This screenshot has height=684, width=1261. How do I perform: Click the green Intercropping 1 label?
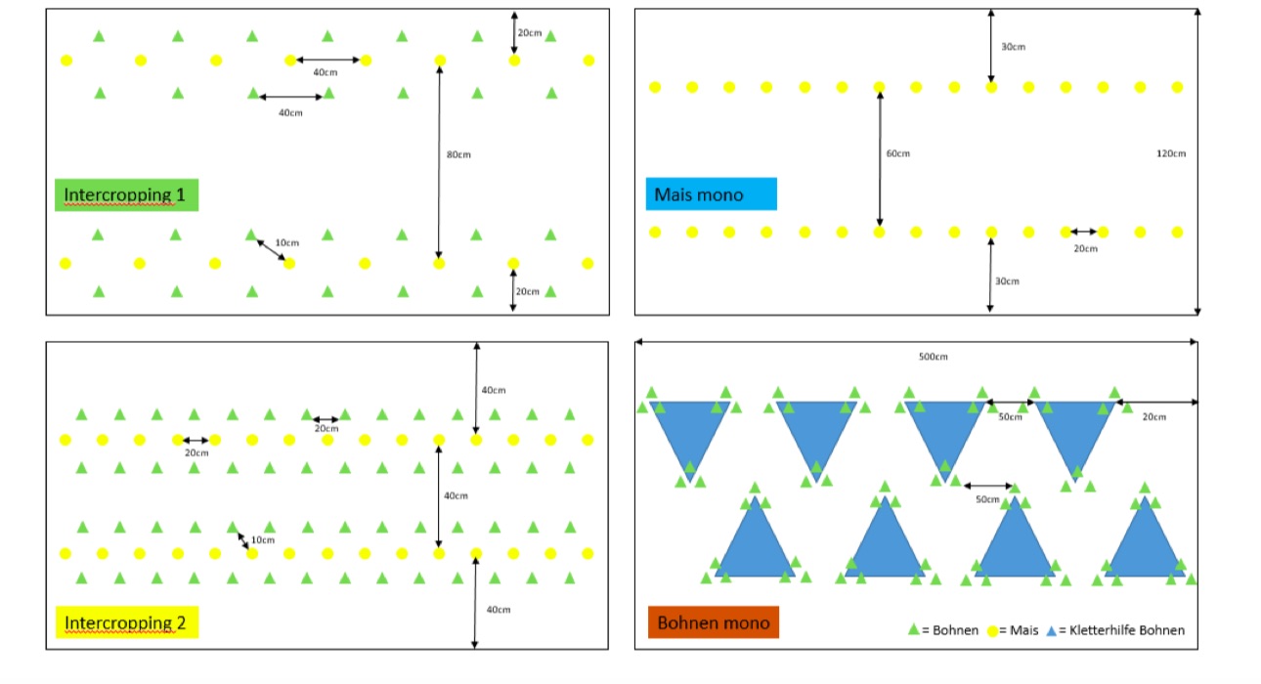[x=126, y=195]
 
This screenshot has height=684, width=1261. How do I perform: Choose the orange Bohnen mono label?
[x=713, y=622]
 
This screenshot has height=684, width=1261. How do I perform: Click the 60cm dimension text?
[x=897, y=153]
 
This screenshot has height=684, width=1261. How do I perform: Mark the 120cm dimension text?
[x=1170, y=153]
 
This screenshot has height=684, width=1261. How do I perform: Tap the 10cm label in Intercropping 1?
[x=287, y=242]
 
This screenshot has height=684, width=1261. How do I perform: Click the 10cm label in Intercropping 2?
[x=263, y=539]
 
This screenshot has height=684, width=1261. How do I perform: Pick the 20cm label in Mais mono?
[x=1085, y=248]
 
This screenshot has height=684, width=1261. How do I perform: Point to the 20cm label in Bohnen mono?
[x=1153, y=417]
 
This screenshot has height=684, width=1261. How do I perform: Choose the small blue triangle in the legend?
[x=1052, y=630]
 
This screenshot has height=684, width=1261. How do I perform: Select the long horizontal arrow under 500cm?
[x=916, y=342]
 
